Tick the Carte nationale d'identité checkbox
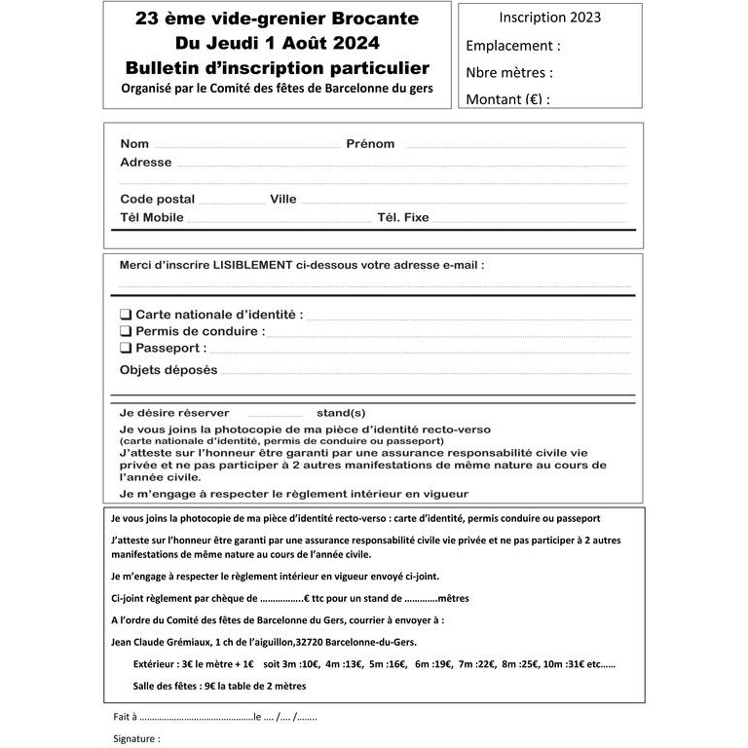[x=126, y=315]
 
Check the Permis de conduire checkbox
[x=126, y=331]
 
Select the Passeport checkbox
[x=126, y=348]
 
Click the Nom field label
[x=134, y=144]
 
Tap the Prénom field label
[x=370, y=144]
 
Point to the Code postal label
[x=157, y=199]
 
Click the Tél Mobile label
[x=151, y=217]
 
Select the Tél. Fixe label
[x=402, y=217]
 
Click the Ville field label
[x=283, y=199]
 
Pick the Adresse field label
[x=145, y=162]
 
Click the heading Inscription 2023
[x=549, y=18]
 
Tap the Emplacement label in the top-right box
[x=513, y=46]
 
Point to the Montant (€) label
[x=507, y=98]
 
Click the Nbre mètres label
[x=509, y=72]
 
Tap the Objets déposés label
[x=168, y=370]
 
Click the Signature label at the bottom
[x=136, y=739]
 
